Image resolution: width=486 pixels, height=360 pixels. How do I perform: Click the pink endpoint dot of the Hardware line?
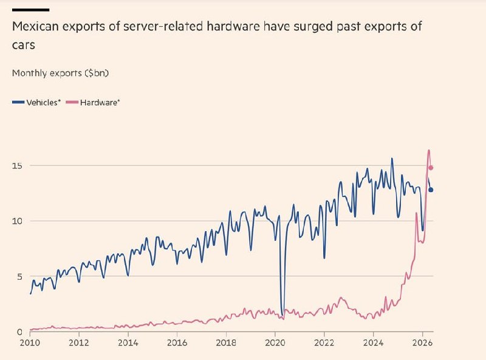(431, 168)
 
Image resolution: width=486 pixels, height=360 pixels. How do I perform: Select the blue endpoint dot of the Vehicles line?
(431, 190)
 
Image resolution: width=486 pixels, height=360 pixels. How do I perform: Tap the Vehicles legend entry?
(36, 102)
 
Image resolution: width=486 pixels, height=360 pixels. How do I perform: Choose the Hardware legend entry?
(94, 102)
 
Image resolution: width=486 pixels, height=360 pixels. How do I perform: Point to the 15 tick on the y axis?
(18, 166)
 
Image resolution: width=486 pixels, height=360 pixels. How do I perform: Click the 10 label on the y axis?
(18, 221)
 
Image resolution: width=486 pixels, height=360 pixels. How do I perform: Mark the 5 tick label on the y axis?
(20, 277)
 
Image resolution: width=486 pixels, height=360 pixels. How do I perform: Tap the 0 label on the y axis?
(20, 332)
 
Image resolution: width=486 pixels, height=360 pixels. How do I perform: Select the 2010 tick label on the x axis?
(30, 343)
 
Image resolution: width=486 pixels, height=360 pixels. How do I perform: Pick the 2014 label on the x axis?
(128, 343)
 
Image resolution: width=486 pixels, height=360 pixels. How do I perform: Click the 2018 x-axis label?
(226, 343)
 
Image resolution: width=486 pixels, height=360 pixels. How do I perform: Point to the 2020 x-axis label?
(275, 343)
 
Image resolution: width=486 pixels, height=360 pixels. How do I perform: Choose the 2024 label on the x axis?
(373, 343)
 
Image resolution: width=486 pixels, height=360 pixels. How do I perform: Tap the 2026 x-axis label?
(422, 343)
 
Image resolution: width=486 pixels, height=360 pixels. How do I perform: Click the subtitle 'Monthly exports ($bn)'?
(60, 73)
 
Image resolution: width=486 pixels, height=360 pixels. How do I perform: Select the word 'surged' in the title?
(313, 27)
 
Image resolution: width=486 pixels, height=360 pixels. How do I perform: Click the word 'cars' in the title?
(24, 46)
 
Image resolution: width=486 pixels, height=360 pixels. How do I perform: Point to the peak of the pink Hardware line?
(429, 151)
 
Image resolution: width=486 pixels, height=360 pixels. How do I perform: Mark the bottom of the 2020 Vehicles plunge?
(282, 316)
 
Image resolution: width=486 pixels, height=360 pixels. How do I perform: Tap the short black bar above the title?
(31, 10)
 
